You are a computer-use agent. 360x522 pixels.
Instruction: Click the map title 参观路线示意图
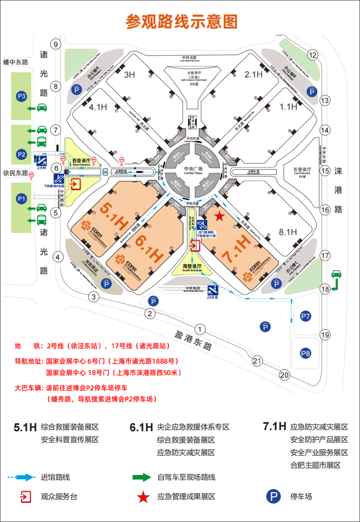pos(182,22)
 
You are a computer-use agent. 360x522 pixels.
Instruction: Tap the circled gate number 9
pos(56,44)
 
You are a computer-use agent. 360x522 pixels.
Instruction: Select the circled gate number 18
pos(325,289)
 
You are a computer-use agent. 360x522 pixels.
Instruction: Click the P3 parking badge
pos(21,96)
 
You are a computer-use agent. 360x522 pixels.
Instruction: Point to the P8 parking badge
pos(305,353)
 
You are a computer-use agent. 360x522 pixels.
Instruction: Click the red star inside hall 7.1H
pos(219,216)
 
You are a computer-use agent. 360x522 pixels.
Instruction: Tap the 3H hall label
pos(129,75)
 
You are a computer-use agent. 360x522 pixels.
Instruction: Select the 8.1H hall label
pos(288,232)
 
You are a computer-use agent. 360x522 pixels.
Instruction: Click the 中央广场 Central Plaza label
pos(193,170)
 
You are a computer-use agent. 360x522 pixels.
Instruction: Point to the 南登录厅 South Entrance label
pos(192,267)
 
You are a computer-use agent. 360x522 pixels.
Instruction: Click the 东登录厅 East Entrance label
pos(302,171)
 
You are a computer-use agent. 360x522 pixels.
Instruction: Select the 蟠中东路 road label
pos(16,62)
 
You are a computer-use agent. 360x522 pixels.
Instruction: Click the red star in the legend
pos(143,497)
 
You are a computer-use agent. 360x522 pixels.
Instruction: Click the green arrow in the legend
pos(142,477)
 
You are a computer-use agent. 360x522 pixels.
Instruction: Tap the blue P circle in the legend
pos(273,497)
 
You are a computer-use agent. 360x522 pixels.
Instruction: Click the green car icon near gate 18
pos(336,274)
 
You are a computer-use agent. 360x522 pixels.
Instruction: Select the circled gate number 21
pos(257,361)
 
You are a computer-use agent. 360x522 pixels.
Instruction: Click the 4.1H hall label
pos(98,107)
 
